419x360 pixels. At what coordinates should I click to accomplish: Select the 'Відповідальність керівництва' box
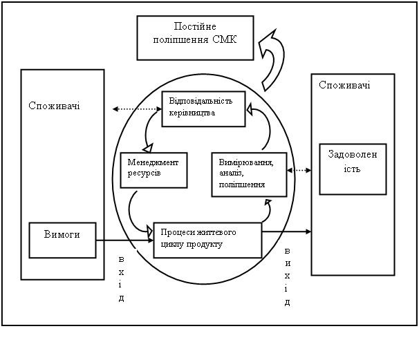point(204,108)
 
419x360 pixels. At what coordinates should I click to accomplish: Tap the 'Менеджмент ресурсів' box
point(153,169)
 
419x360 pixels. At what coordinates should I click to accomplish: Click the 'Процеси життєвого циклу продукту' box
point(207,239)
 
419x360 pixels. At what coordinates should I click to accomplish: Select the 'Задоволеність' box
point(352,166)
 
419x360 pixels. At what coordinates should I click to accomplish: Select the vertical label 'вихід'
point(287,274)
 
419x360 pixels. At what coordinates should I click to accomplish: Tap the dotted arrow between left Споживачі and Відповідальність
point(137,108)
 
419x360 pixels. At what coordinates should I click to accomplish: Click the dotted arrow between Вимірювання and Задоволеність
point(299,170)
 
